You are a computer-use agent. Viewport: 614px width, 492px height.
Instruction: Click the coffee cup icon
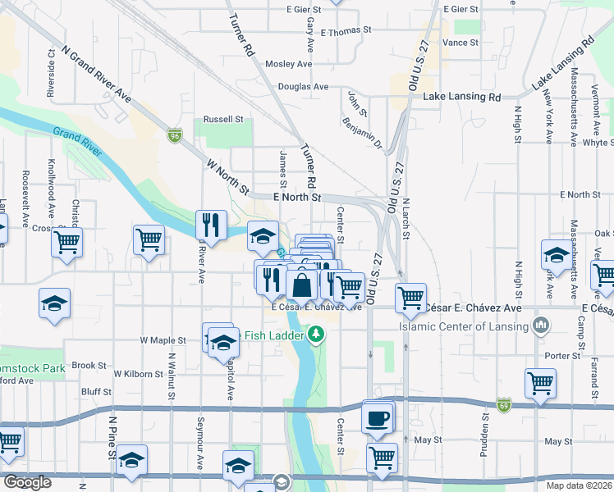click(378, 417)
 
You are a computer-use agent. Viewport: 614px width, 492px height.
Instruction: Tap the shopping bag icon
click(302, 286)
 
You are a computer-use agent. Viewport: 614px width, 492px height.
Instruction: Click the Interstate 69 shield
click(503, 405)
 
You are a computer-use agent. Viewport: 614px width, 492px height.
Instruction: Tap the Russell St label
click(224, 119)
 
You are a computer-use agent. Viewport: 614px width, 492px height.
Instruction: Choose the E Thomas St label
click(346, 31)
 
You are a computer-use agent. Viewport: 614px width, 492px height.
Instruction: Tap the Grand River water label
click(77, 142)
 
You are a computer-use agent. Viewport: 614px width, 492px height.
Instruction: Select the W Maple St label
click(163, 339)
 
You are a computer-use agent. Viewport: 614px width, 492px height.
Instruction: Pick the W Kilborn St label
click(139, 373)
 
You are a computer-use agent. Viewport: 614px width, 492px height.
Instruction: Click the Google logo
click(27, 482)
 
